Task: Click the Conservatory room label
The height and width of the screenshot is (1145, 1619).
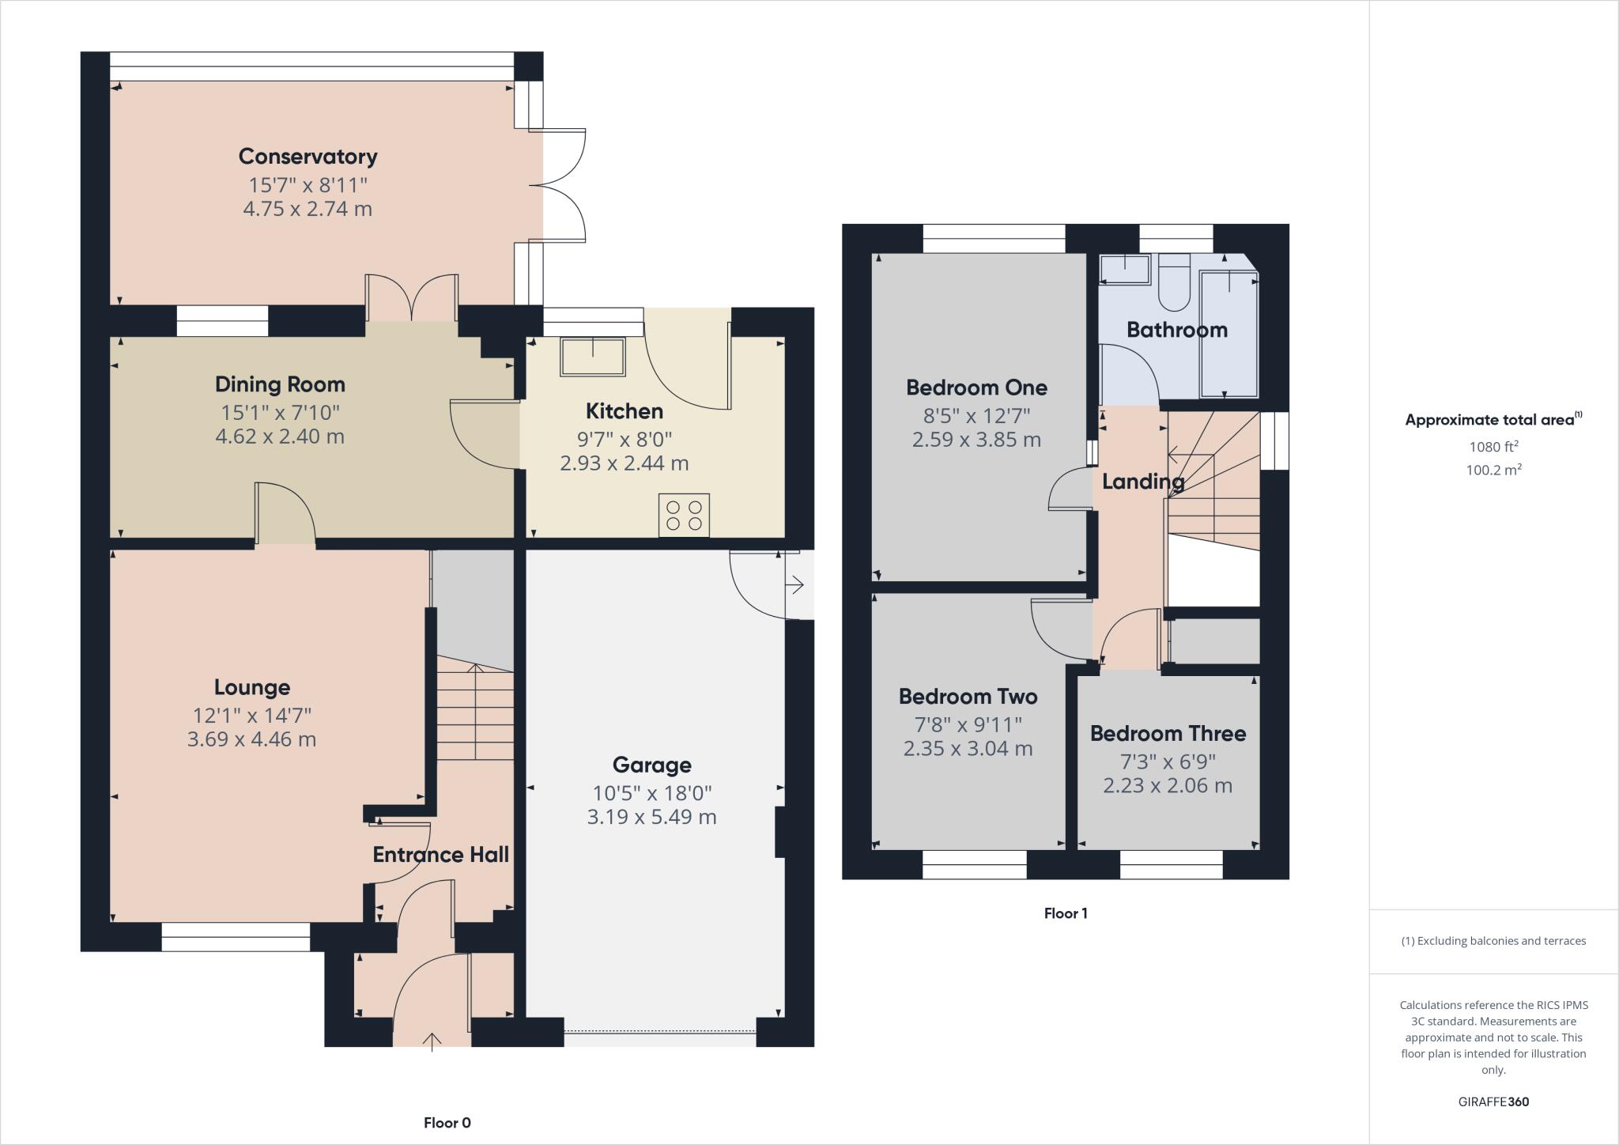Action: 308,156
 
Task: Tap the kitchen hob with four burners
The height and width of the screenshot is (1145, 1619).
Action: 684,515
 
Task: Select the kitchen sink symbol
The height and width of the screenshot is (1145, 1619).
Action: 592,357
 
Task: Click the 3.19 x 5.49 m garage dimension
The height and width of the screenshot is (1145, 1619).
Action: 651,817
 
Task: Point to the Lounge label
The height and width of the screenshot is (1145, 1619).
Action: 252,687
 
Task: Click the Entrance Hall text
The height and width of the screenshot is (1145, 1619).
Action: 440,854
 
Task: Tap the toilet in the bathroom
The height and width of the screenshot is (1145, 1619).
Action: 1174,285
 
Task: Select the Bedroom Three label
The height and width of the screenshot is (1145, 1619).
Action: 1168,733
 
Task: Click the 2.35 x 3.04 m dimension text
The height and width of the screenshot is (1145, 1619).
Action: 968,748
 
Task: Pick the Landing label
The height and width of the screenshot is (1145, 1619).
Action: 1142,481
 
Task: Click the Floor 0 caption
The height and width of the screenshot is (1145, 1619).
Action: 447,1122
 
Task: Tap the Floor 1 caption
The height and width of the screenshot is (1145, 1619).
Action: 1065,913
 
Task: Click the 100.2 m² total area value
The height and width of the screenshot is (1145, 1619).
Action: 1493,470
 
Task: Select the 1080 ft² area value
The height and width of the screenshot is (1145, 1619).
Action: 1493,446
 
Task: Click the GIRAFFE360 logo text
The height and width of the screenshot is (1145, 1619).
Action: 1493,1102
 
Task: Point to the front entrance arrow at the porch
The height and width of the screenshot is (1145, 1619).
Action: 432,1041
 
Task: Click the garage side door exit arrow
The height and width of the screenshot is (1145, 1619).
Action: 795,585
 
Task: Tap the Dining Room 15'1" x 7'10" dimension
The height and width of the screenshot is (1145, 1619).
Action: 280,412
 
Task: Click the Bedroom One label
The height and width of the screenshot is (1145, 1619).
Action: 976,387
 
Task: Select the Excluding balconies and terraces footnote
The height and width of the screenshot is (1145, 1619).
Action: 1493,941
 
